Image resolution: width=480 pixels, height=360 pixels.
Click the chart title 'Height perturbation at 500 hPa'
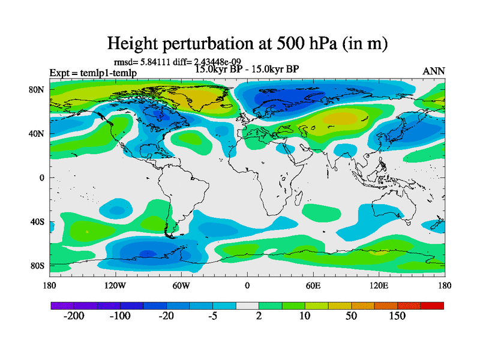click(247, 43)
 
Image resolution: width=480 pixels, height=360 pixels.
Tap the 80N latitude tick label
click(37, 90)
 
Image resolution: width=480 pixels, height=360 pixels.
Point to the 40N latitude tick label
click(37, 134)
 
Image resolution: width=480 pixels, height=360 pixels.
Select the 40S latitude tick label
click(37, 221)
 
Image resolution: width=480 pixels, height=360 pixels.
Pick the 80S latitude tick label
click(37, 265)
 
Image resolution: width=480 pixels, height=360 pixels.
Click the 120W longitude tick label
click(115, 285)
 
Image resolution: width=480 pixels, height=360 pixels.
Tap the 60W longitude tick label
click(181, 285)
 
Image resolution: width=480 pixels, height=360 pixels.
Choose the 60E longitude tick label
click(313, 285)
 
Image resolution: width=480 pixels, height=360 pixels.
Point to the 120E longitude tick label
click(379, 285)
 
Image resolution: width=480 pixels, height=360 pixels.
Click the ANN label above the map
click(434, 71)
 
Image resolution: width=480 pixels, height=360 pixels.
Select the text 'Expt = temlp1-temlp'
click(93, 73)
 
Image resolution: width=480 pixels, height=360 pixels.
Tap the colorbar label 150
click(398, 316)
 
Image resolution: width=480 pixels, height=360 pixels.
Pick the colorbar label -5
click(212, 316)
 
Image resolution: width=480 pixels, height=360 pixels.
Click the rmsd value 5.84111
click(157, 61)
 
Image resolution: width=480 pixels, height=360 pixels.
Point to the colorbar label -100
click(120, 316)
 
